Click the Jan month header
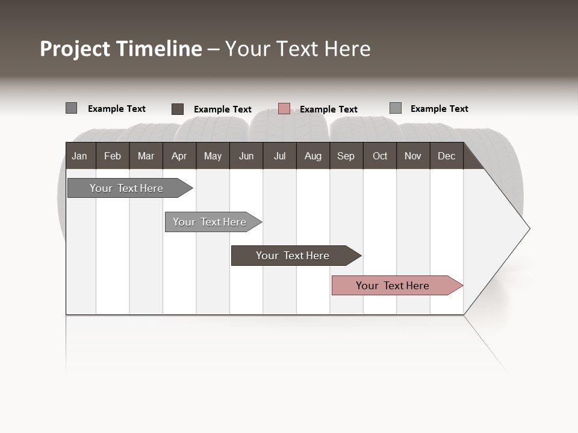point(79,156)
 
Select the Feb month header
point(113,156)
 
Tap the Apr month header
point(179,156)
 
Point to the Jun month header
point(246,156)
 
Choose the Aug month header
point(313,156)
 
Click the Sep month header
point(346,156)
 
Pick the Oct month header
point(380,156)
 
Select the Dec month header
point(447,156)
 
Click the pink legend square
point(284,109)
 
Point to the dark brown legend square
point(178,109)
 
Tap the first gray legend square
point(72,108)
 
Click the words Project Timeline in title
point(120,49)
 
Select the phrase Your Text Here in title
point(298,49)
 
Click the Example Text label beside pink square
point(329,109)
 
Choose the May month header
point(213,156)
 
